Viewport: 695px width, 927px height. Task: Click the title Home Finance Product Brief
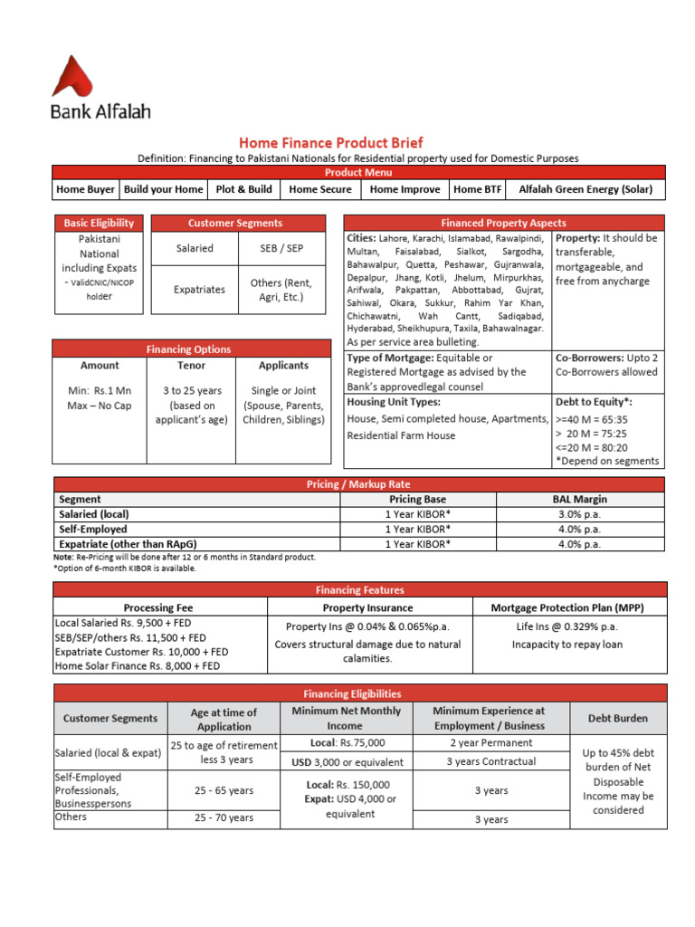[330, 143]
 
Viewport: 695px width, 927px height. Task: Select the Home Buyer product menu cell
[85, 189]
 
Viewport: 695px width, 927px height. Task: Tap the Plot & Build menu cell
[243, 189]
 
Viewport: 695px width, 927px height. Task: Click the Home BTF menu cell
[478, 189]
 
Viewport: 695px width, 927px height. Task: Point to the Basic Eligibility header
[99, 223]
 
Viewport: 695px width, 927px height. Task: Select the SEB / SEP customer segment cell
[281, 248]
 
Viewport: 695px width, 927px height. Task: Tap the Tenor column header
[191, 366]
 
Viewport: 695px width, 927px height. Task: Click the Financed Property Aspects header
[503, 223]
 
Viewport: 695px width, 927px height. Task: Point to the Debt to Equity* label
[594, 401]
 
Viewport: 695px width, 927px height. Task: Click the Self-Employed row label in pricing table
[93, 529]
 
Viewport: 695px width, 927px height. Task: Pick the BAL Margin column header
[580, 499]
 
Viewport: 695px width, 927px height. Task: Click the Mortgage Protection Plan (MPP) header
[568, 607]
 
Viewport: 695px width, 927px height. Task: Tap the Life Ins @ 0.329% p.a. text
[566, 626]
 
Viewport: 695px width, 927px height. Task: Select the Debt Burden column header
[618, 718]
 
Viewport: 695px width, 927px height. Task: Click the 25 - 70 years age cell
[224, 817]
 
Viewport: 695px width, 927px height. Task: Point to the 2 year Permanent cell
[491, 742]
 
